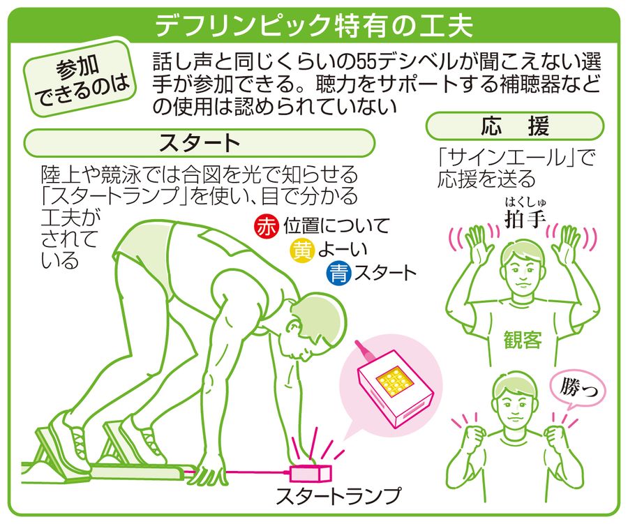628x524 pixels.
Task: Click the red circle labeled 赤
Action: click(266, 227)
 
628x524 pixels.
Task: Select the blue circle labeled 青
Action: click(339, 274)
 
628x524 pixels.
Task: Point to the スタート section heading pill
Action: click(200, 142)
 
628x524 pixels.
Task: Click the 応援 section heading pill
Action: click(515, 126)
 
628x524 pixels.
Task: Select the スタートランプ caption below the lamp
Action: click(338, 495)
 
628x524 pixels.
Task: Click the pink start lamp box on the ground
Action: click(311, 474)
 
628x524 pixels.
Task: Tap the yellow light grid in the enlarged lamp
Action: click(396, 380)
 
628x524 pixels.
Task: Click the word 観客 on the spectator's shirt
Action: click(523, 340)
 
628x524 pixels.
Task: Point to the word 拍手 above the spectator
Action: click(525, 218)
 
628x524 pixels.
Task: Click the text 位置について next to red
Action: click(336, 226)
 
